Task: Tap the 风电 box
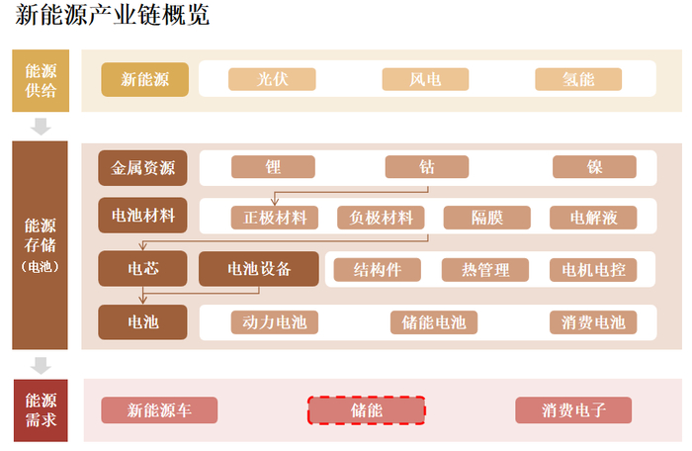point(425,79)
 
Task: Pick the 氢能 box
point(578,79)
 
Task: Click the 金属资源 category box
point(143,168)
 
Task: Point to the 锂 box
point(273,167)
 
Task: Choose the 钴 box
point(427,167)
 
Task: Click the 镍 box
point(594,167)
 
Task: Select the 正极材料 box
point(275,218)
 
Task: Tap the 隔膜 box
point(486,218)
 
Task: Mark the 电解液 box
point(594,218)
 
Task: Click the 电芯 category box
point(143,268)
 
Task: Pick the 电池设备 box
point(259,268)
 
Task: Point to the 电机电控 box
point(593,269)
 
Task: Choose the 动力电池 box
point(275,321)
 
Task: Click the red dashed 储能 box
point(367,409)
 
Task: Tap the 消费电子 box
point(573,409)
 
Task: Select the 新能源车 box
point(159,409)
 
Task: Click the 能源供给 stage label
point(41,80)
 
